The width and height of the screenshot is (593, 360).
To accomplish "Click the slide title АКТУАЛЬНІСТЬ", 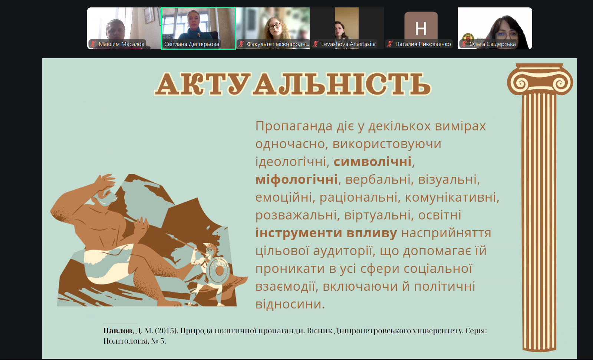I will coord(293,84).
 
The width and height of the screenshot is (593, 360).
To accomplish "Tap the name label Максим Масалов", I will coord(121,44).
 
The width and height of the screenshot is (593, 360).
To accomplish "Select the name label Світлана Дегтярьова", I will coord(191,44).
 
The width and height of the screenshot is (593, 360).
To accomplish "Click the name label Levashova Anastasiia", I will coord(348,44).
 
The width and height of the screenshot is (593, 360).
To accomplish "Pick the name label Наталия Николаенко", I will coord(423,44).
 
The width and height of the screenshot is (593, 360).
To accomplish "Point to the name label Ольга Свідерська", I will coord(492,44).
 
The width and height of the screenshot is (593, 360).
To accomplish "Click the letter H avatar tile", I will coord(421,26).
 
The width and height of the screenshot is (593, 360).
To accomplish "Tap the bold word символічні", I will coord(372,162).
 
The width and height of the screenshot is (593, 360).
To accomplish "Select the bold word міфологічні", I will coord(296,179).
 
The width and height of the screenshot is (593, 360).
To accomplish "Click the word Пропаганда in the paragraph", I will coord(294,126).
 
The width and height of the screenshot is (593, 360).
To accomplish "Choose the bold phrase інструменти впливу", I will coord(326,233).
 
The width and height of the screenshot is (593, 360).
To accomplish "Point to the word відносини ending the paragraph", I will coord(290,304).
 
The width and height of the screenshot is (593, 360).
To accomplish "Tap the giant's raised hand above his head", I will coord(105,182).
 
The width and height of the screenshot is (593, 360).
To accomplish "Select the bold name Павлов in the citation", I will coord(118,331).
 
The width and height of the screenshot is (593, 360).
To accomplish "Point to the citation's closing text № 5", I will coord(158,341).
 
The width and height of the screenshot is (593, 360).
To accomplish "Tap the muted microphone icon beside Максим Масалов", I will coord(93,44).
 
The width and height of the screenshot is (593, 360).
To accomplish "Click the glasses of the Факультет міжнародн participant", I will coord(274,26).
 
